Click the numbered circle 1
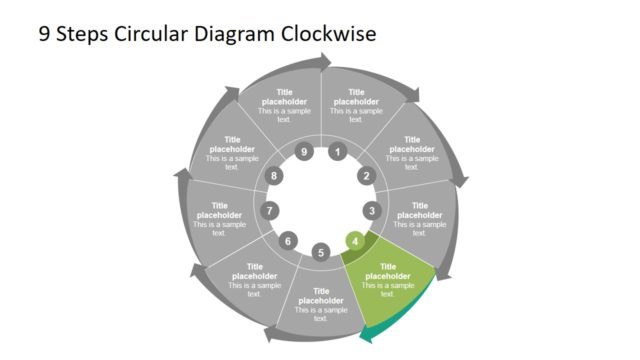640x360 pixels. (x=338, y=153)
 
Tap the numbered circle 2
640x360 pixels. (x=365, y=176)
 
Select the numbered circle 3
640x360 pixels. (x=372, y=211)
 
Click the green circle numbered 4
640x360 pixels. (x=354, y=241)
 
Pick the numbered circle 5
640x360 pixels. (x=320, y=252)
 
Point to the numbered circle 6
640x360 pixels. (x=288, y=241)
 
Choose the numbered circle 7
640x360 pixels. (x=269, y=211)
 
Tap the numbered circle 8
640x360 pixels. (x=275, y=176)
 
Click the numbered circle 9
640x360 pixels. (x=304, y=153)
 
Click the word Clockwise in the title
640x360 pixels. (x=329, y=34)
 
